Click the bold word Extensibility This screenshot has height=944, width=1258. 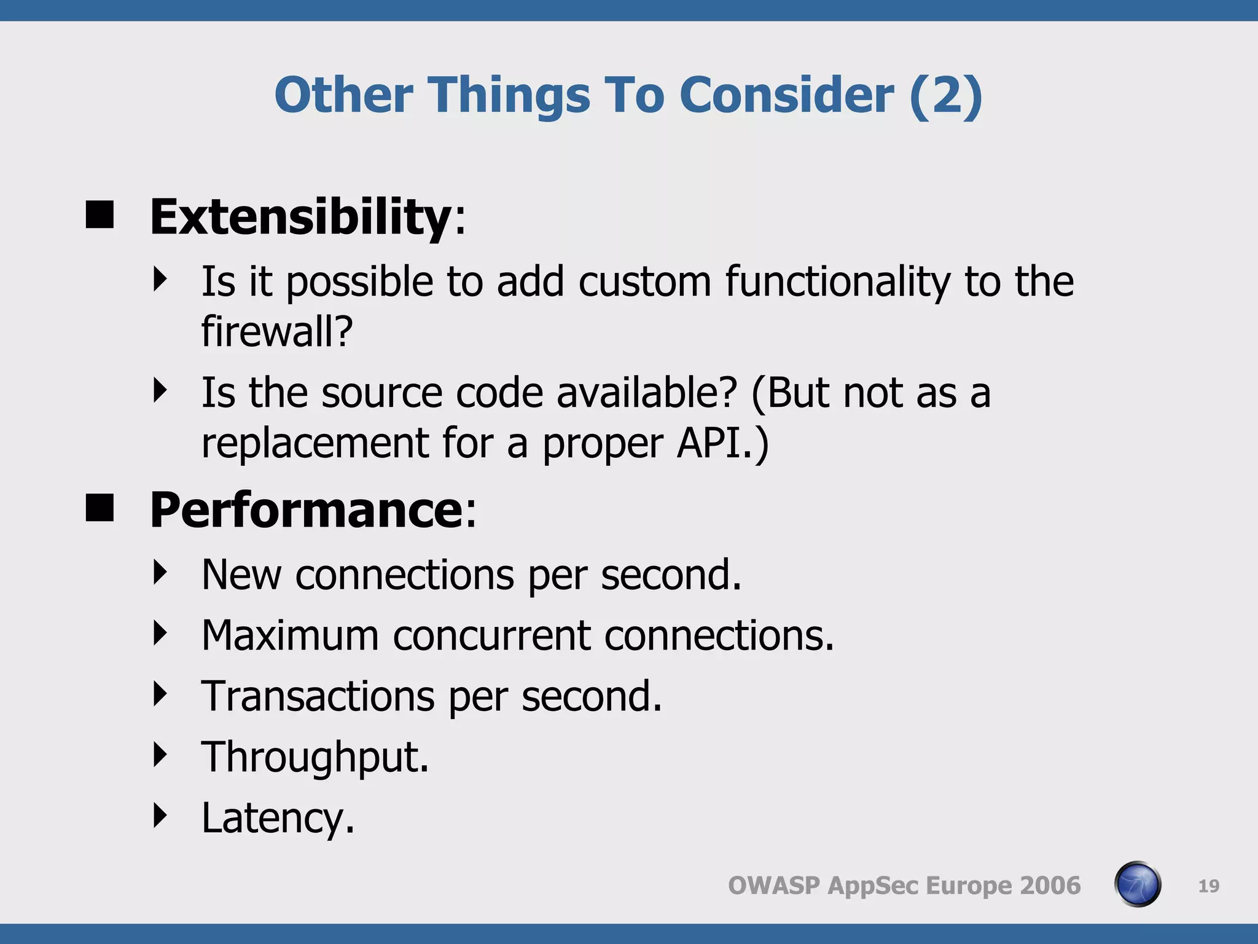tap(301, 218)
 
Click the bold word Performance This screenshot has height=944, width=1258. tap(306, 511)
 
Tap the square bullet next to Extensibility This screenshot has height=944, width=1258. tap(100, 215)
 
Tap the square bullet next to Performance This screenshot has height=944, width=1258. tap(100, 508)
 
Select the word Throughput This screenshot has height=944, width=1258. tap(315, 757)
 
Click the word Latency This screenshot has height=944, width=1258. tap(278, 818)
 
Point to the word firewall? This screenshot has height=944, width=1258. tap(277, 331)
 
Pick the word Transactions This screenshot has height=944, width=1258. tap(318, 696)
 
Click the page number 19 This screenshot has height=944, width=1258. tap(1208, 886)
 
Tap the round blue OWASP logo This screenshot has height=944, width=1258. tap(1137, 884)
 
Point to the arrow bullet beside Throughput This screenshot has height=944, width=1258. tap(160, 755)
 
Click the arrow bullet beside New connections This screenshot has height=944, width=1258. tap(160, 572)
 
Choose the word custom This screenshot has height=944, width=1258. tap(644, 281)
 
